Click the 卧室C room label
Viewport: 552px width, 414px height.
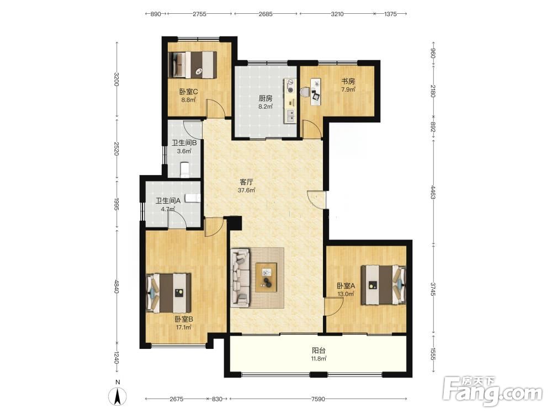click(188, 92)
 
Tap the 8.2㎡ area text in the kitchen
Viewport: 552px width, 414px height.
click(266, 107)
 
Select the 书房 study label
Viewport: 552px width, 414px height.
click(348, 81)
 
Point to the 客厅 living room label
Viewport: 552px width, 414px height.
click(246, 182)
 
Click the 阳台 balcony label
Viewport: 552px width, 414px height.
click(319, 351)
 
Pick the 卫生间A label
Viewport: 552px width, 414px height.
click(168, 201)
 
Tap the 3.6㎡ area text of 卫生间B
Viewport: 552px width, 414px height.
click(184, 151)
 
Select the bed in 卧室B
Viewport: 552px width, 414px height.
click(168, 293)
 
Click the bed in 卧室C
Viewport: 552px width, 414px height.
click(192, 65)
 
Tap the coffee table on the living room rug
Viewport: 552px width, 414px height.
click(266, 277)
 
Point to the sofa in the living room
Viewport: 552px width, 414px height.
click(240, 277)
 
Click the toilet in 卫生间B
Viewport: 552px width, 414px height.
click(184, 169)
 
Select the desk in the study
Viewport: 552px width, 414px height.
click(315, 92)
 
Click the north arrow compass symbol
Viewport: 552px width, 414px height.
click(118, 396)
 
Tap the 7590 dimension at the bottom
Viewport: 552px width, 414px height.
click(318, 399)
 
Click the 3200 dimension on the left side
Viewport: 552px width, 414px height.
click(116, 79)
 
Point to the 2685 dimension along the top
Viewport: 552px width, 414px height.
click(266, 14)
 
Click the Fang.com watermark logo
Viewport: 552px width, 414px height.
click(492, 391)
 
